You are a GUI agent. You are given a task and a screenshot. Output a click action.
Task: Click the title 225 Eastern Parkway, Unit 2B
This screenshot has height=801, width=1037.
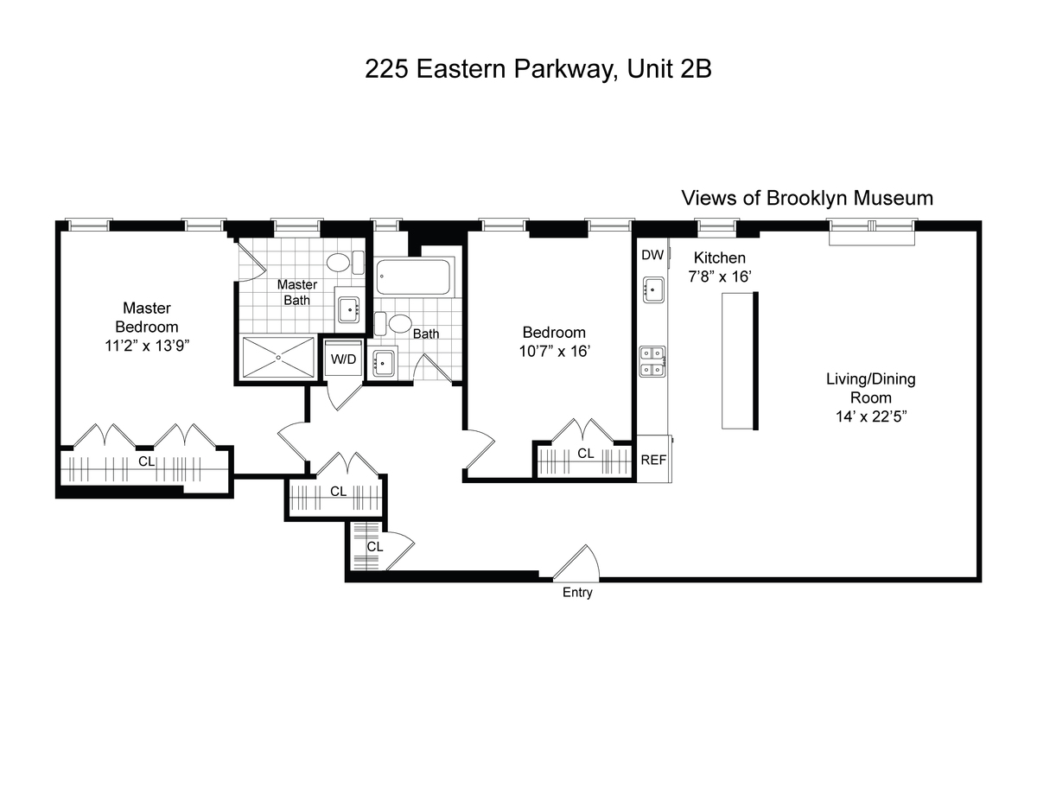point(538,70)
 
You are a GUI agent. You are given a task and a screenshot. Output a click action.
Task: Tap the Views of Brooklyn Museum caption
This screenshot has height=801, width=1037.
point(807,198)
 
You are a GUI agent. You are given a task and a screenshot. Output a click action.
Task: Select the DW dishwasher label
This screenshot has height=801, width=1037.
point(652,255)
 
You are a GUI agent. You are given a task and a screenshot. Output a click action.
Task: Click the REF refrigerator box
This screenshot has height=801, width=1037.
point(654,459)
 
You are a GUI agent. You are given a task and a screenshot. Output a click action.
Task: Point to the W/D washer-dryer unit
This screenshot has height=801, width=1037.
point(344,359)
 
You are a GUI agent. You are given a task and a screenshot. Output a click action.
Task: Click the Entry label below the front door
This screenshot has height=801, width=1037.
point(577,593)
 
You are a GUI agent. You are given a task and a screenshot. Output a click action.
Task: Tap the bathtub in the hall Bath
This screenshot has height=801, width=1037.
point(413,277)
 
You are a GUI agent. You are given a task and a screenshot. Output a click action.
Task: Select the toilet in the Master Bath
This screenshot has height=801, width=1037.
point(345,263)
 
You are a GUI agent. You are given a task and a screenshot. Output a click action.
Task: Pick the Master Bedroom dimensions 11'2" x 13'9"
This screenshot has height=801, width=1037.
point(147,346)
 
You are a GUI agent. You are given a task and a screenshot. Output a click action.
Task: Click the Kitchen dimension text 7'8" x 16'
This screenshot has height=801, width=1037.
point(720,277)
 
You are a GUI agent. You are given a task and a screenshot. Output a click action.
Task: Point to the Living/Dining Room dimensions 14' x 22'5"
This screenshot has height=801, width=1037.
point(871,416)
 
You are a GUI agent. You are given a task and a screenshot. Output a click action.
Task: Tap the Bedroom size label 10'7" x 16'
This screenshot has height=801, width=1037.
point(555,351)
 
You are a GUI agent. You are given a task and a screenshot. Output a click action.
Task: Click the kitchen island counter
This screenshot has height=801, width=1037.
point(739,361)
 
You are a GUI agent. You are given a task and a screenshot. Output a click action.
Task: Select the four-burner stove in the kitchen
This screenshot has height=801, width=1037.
point(652,362)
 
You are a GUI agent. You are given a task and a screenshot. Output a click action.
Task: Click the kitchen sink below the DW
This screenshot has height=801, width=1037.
point(653,289)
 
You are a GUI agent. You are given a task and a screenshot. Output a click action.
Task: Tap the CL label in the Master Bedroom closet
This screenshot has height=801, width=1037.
point(147,461)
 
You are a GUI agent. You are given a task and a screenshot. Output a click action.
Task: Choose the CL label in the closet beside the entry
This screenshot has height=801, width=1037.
point(375,547)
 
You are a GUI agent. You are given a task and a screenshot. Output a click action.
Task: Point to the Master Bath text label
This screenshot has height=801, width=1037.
point(296,292)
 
